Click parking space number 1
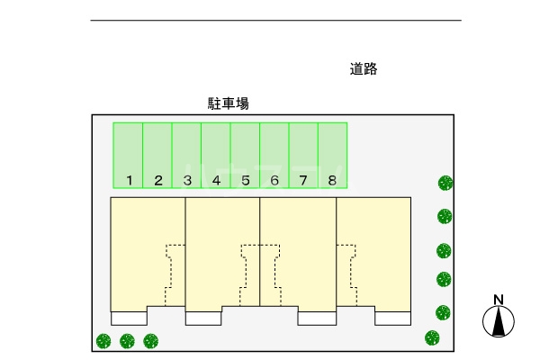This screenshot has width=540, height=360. point(128,156)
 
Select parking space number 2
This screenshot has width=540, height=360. point(157,156)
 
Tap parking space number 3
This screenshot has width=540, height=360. point(186,156)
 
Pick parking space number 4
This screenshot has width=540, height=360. point(216,156)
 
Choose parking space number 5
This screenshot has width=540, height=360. point(245,156)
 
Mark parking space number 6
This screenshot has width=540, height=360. point(274,156)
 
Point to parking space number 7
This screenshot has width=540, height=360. point(303,156)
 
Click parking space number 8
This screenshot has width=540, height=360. point(333,156)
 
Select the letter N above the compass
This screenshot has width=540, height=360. point(497,301)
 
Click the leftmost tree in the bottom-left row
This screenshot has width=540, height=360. point(103,341)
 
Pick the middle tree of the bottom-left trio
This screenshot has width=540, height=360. point(127,341)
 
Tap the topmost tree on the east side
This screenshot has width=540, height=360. point(445,183)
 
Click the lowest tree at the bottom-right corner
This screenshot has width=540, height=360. point(433,338)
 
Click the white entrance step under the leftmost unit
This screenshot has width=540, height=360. point(129,318)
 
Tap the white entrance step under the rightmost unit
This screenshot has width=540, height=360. point(393,318)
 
